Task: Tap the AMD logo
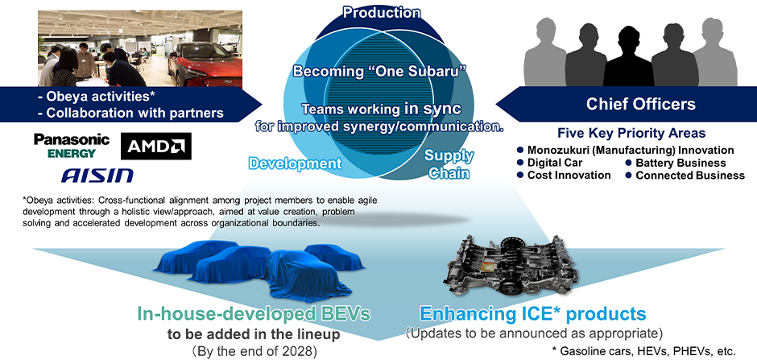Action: tap(156, 147)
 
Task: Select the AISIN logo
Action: tap(97, 176)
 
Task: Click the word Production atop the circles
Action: tap(382, 12)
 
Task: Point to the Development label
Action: tap(295, 163)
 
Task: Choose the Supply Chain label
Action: tap(449, 164)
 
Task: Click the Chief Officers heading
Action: tap(641, 104)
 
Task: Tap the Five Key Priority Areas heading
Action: tap(631, 133)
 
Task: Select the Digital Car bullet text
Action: tap(555, 163)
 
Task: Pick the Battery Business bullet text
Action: tap(680, 163)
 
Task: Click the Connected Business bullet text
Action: tap(690, 176)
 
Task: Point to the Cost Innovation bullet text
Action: tap(569, 176)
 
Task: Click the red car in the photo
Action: tap(205, 64)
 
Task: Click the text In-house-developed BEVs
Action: tap(254, 314)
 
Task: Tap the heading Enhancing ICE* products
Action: tap(532, 313)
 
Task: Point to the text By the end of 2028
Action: tap(242, 352)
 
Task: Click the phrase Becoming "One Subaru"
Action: tap(379, 72)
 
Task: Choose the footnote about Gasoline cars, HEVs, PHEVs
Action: tap(643, 351)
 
